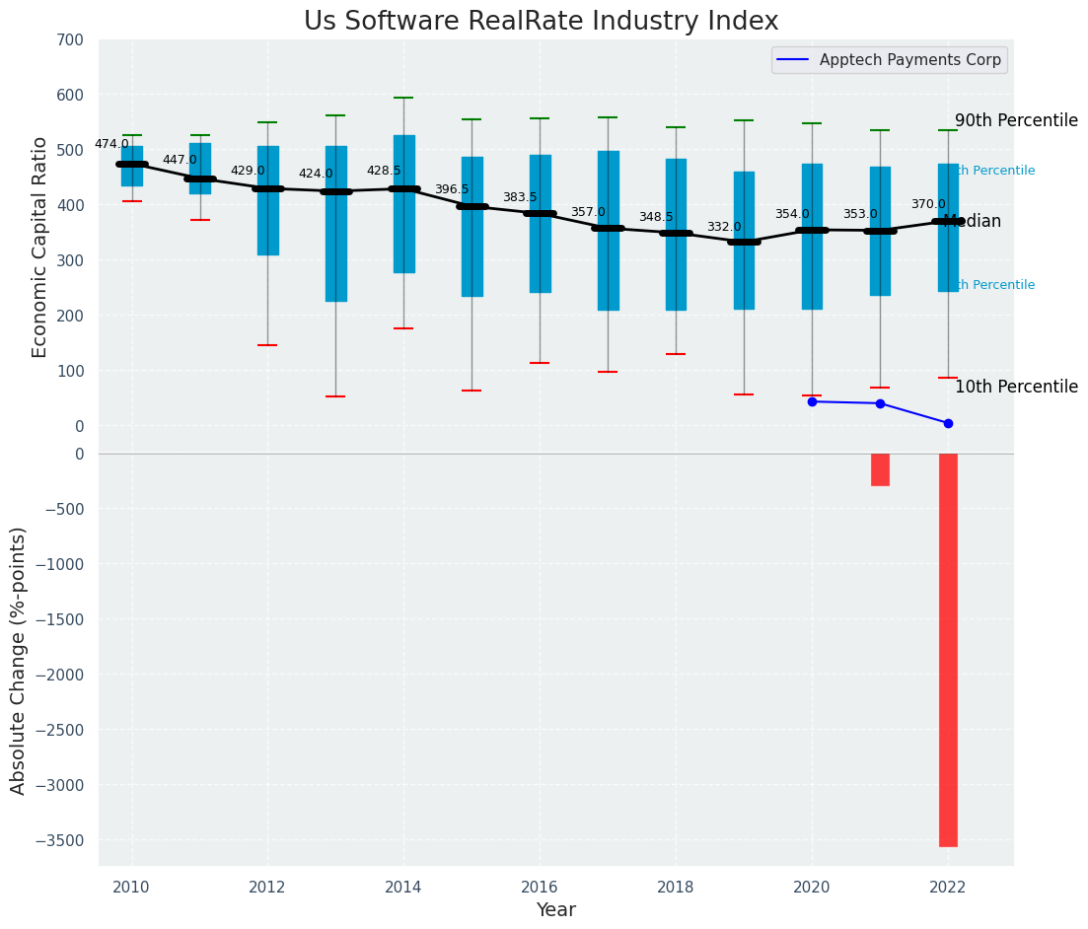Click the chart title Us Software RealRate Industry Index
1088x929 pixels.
pos(541,22)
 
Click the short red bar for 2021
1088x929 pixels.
pos(880,469)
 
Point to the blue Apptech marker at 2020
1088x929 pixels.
pos(812,401)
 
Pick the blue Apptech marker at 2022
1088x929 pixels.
pos(948,423)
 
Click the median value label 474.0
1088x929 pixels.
pos(111,144)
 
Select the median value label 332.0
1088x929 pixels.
pos(724,227)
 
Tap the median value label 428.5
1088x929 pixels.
pos(384,171)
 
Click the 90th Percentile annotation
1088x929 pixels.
pos(1016,120)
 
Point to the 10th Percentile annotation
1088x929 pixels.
pos(1016,388)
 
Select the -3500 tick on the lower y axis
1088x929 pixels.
pos(63,840)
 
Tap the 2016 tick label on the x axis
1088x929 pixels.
pos(540,887)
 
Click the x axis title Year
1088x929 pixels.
pos(556,910)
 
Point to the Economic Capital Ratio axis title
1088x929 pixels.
pos(40,247)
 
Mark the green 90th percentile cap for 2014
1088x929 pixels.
pos(403,98)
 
